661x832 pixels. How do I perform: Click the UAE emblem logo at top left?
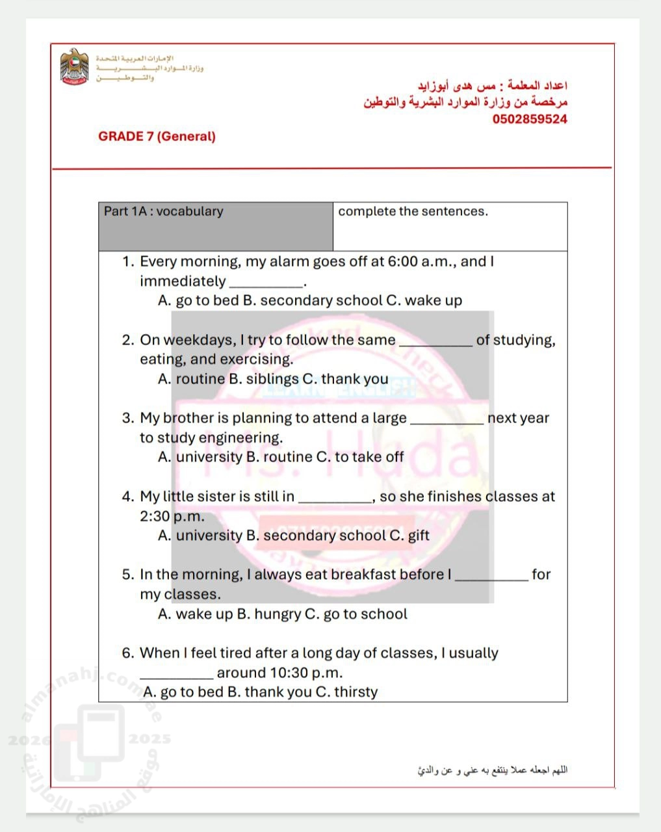(x=73, y=66)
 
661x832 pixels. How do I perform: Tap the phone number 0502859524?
(x=529, y=119)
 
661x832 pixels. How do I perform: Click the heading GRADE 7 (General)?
(x=157, y=136)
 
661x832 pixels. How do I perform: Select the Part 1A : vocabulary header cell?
(x=215, y=226)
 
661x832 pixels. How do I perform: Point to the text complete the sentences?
(x=413, y=211)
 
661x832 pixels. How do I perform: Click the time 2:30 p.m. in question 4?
(x=172, y=517)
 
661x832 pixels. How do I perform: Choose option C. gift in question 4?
(x=409, y=536)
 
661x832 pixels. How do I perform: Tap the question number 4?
(x=127, y=497)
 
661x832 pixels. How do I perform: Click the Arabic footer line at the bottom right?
(x=492, y=770)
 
